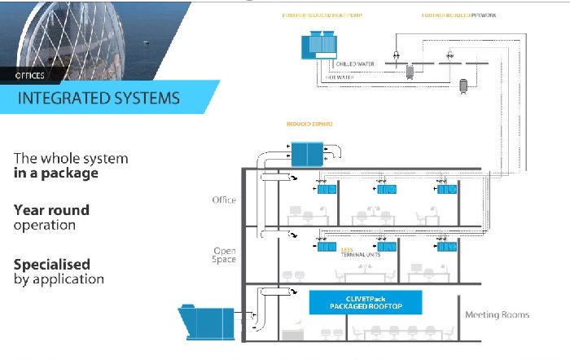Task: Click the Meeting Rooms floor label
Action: (x=497, y=314)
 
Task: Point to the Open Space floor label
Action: (x=224, y=255)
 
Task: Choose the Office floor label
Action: (x=223, y=200)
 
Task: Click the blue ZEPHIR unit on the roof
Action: (x=307, y=153)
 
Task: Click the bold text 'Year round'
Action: (x=51, y=210)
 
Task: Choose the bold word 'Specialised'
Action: (x=52, y=265)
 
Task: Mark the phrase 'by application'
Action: (x=59, y=279)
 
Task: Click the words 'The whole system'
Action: (x=70, y=158)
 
